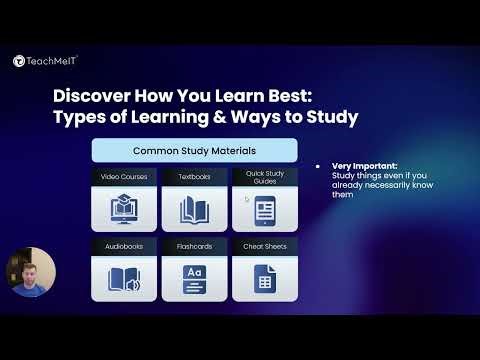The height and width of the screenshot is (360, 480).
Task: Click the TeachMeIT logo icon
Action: click(x=19, y=61)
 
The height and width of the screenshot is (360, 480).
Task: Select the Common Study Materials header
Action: click(x=195, y=151)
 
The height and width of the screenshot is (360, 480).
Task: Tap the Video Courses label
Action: click(x=124, y=177)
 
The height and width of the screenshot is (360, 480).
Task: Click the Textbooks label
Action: click(x=194, y=177)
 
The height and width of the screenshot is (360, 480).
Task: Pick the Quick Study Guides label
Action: click(x=265, y=177)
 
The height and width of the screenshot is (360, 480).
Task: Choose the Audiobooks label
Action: click(x=124, y=244)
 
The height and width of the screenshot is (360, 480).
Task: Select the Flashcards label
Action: click(x=194, y=244)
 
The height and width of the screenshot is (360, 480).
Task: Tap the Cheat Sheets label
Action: click(x=265, y=244)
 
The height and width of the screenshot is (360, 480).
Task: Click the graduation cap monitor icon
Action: click(x=124, y=208)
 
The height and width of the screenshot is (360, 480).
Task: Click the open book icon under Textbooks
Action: click(x=194, y=209)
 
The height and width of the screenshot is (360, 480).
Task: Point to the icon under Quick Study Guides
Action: click(x=265, y=210)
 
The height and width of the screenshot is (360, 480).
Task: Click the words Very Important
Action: click(x=357, y=165)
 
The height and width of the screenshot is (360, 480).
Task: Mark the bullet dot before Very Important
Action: click(x=319, y=165)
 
